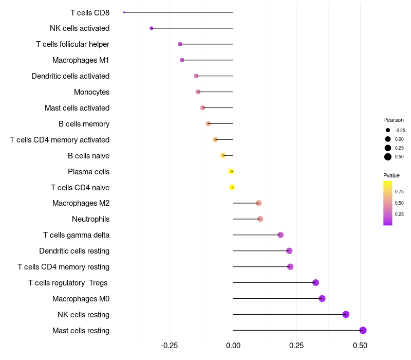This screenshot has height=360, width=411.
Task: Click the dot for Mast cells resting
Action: pyautogui.click(x=363, y=330)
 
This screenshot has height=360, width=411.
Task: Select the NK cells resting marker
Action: pyautogui.click(x=346, y=314)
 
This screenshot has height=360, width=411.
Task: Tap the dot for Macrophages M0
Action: pyautogui.click(x=322, y=298)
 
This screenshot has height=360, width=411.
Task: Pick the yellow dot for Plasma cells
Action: pyautogui.click(x=231, y=171)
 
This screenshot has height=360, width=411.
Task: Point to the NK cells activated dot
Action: pyautogui.click(x=151, y=28)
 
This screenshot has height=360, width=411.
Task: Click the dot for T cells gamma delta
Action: pyautogui.click(x=281, y=235)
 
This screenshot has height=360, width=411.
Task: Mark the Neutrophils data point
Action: pyautogui.click(x=260, y=219)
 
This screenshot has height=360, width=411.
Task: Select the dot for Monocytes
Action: pyautogui.click(x=198, y=92)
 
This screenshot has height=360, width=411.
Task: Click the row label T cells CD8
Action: pyautogui.click(x=89, y=12)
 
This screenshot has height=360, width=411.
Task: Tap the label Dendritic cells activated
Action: pyautogui.click(x=70, y=76)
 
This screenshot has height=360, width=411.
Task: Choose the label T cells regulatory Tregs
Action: pyautogui.click(x=69, y=283)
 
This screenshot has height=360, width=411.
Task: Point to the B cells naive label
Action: pyautogui.click(x=88, y=155)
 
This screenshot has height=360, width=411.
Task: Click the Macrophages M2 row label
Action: pyautogui.click(x=81, y=203)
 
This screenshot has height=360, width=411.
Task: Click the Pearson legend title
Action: pyautogui.click(x=394, y=120)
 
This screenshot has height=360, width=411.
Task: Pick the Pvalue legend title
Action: pyautogui.click(x=391, y=175)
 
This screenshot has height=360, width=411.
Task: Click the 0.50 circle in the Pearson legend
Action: pyautogui.click(x=388, y=157)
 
